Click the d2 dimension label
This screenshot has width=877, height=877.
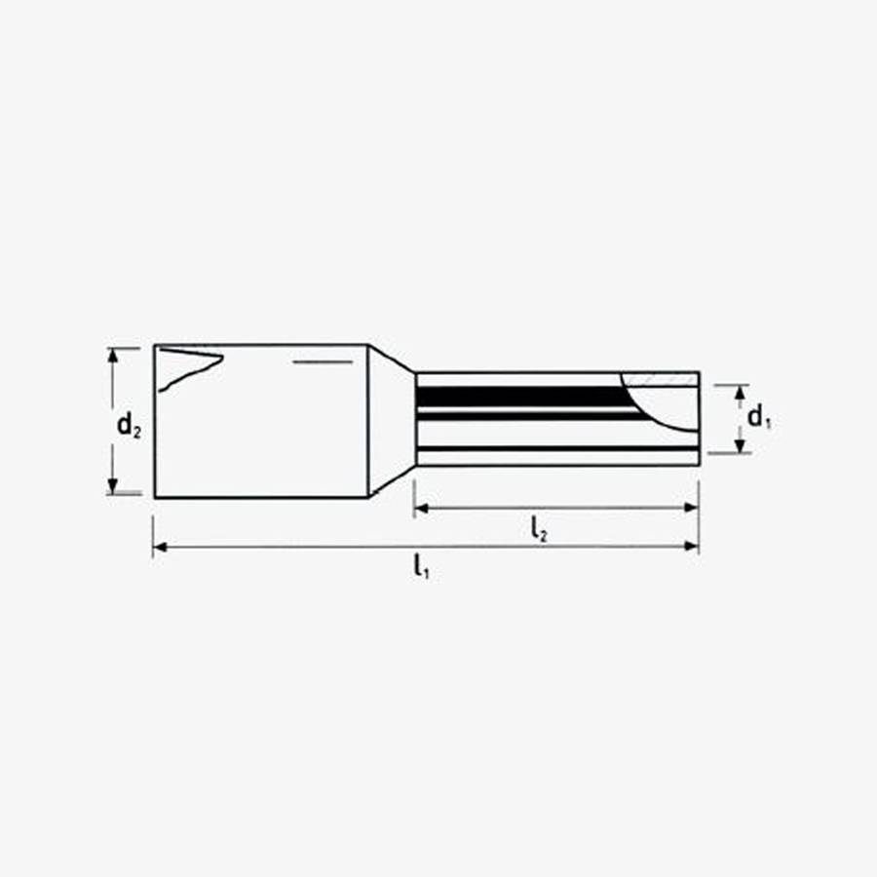(x=129, y=425)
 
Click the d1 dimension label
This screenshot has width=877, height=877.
(x=759, y=418)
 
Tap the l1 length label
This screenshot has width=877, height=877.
(x=421, y=565)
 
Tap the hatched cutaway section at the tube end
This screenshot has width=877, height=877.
(x=663, y=377)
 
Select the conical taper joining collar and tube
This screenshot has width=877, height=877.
(x=391, y=419)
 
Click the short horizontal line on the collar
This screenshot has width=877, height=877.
(x=322, y=362)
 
